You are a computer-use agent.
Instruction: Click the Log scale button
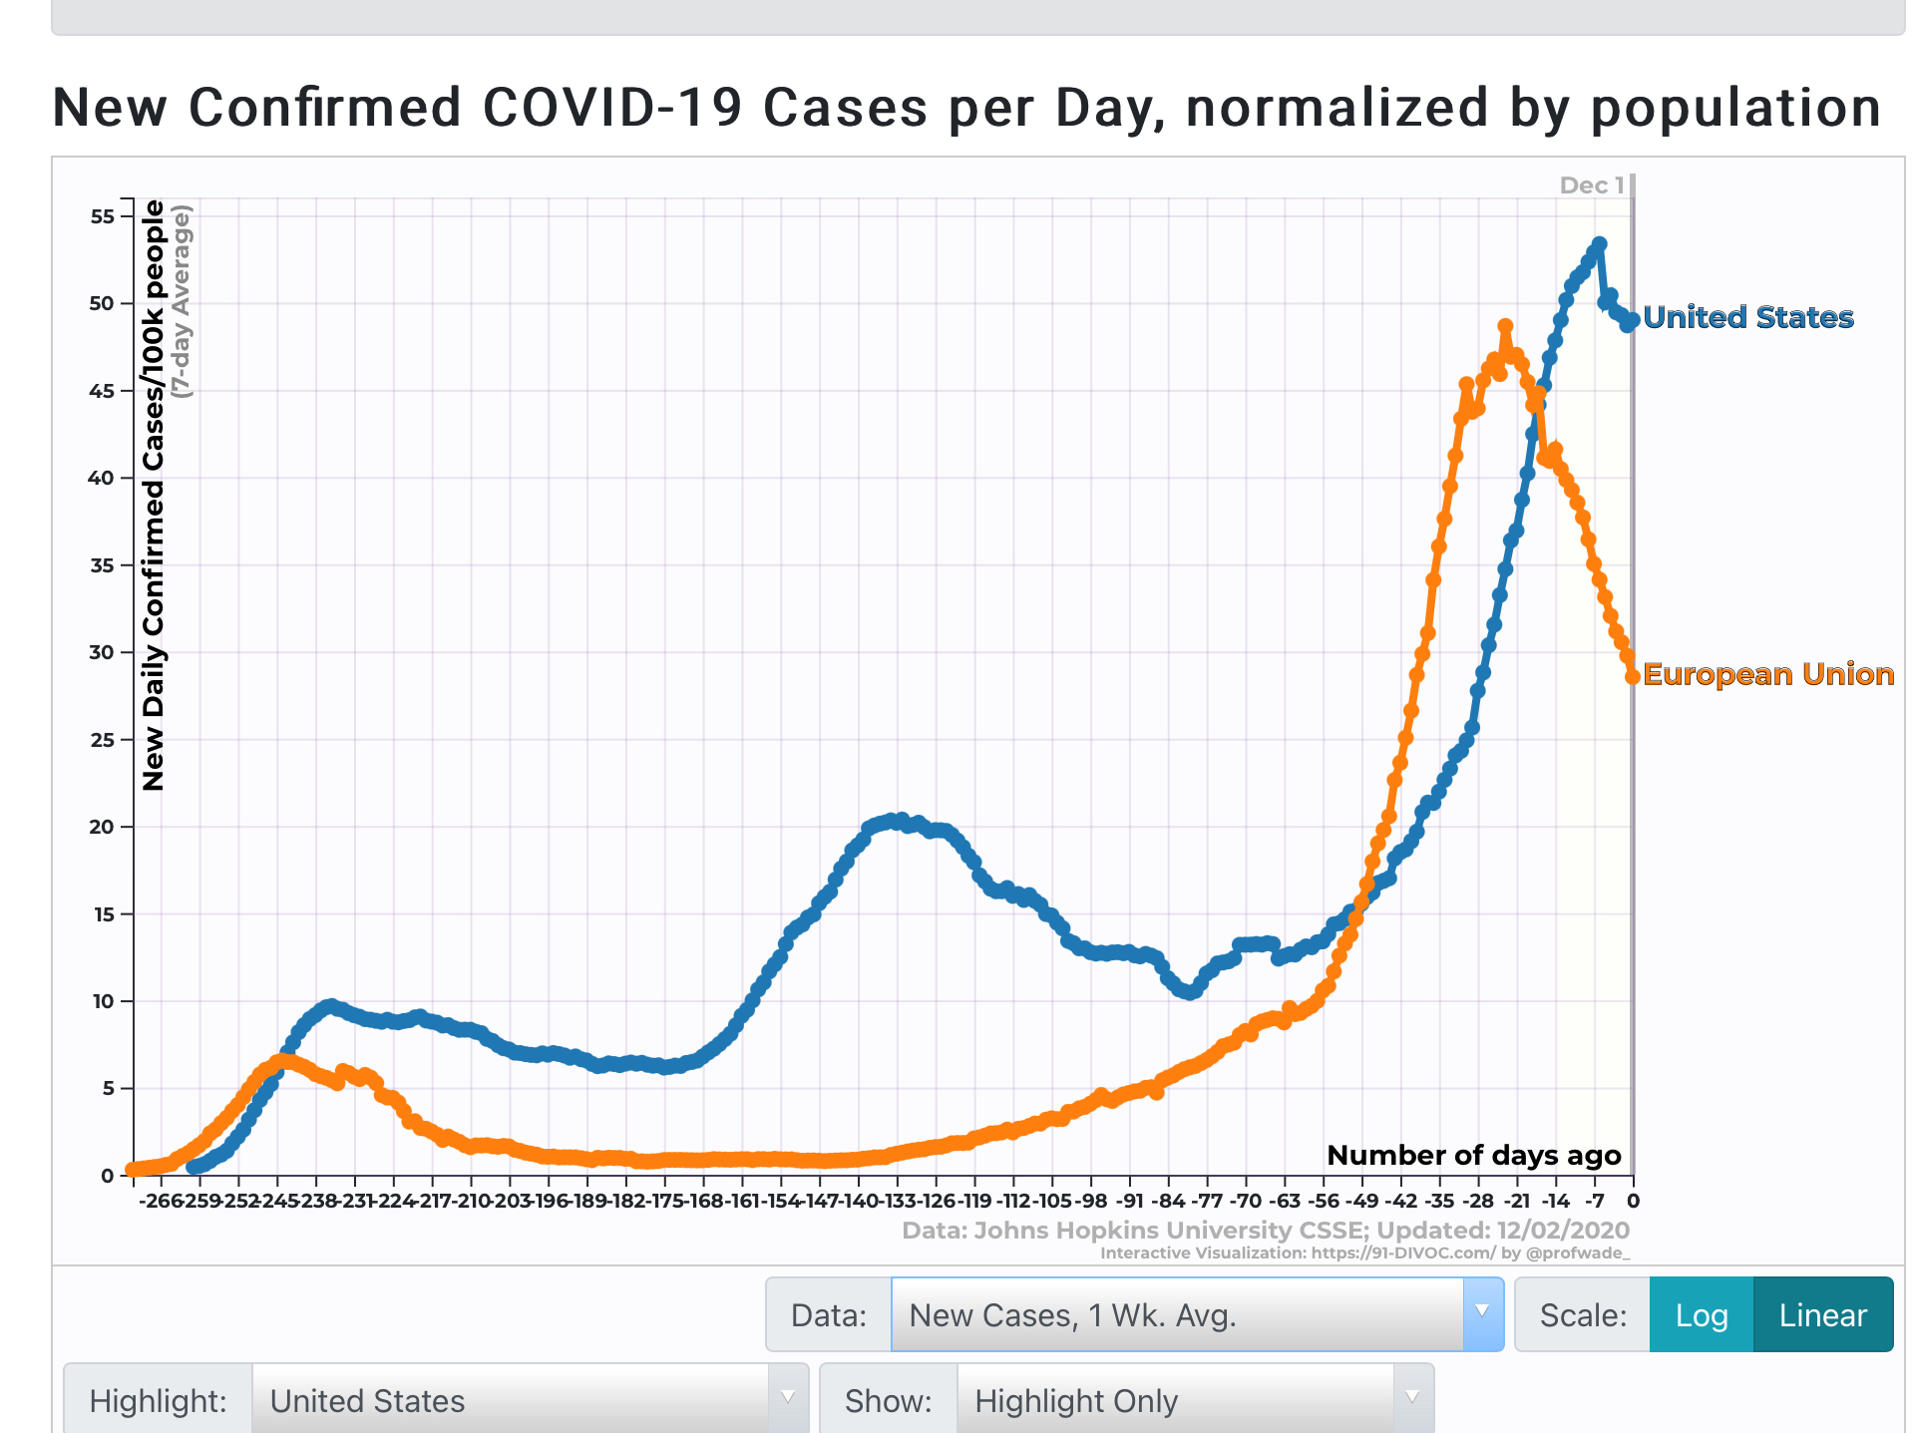(x=1701, y=1315)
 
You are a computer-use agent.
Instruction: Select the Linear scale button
(x=1822, y=1315)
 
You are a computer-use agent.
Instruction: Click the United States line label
(x=1747, y=317)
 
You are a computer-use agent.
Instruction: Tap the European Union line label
(x=1767, y=674)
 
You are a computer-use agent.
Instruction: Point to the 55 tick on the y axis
(x=103, y=216)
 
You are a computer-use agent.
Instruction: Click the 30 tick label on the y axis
(x=103, y=652)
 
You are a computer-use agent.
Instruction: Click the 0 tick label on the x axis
(x=1633, y=1201)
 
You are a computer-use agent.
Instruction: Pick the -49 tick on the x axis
(x=1361, y=1201)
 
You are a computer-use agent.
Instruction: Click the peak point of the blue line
(x=1599, y=243)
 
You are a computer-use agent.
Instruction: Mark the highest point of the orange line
(x=1505, y=326)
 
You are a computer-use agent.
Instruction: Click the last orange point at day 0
(x=1633, y=677)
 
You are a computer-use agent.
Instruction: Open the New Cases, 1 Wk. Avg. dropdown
(x=1197, y=1315)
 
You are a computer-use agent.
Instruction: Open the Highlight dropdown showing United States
(x=529, y=1400)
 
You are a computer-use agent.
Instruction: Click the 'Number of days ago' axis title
(x=1473, y=1155)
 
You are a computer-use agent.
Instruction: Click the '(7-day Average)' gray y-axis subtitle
(x=182, y=301)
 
